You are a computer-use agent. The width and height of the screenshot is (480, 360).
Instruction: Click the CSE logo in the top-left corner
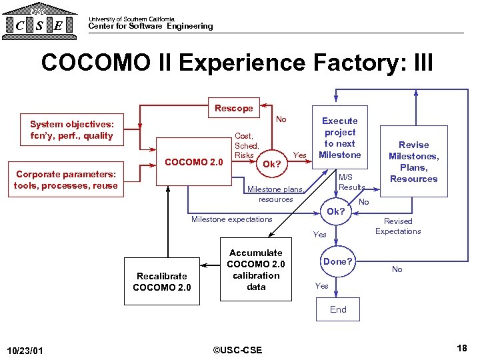click(39, 20)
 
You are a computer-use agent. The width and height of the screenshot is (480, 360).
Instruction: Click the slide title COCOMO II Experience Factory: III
click(237, 63)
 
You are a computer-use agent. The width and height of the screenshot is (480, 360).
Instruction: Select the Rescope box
click(233, 108)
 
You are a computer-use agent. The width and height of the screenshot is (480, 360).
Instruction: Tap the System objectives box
click(72, 129)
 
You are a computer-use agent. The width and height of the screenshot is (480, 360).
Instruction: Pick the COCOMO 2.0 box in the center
click(194, 161)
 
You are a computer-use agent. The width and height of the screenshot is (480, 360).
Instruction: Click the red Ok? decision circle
click(272, 163)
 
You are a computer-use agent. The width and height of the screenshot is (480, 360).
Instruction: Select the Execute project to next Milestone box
click(339, 138)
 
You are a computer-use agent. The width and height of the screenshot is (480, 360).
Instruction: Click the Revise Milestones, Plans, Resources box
click(413, 161)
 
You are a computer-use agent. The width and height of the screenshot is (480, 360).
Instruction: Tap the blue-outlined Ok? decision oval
click(335, 211)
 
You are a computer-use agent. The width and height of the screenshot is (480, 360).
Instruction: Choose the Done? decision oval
click(338, 261)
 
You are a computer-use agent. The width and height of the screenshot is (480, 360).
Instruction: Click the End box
click(338, 309)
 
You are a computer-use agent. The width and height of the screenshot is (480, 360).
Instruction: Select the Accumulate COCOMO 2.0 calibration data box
click(256, 270)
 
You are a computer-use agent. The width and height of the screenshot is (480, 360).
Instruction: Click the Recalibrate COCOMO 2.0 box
click(161, 281)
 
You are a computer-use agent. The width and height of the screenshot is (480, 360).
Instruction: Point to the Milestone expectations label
click(231, 219)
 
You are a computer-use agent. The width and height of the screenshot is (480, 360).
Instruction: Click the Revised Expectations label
click(398, 226)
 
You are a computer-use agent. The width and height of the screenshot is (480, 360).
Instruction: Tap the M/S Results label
click(351, 182)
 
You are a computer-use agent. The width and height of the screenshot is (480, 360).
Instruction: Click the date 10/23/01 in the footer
click(25, 350)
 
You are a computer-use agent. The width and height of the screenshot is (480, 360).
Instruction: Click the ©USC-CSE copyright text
click(237, 350)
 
